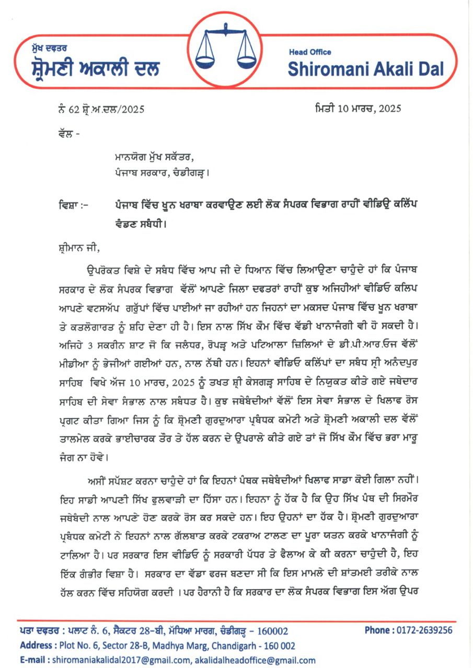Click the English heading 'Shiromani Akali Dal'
click(x=366, y=68)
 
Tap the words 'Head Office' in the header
click(x=310, y=52)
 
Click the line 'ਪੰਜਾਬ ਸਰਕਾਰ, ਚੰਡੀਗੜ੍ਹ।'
click(x=164, y=171)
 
